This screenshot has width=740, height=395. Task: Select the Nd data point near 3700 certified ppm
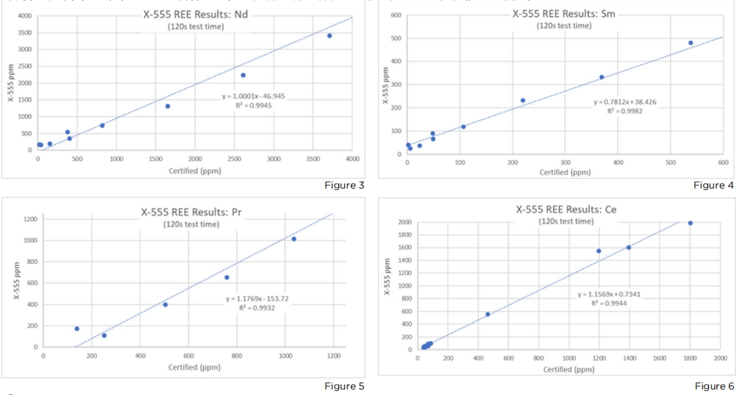pos(329,35)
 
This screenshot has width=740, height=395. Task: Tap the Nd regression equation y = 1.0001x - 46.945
pos(247,96)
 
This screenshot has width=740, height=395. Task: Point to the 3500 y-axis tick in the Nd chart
pos(24,33)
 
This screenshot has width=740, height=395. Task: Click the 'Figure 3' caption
pos(344,185)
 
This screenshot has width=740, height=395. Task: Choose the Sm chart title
pos(564,14)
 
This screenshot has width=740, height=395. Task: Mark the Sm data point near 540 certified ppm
pos(691,43)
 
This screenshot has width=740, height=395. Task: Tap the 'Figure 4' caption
pos(714,185)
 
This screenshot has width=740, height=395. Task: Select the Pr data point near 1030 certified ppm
pos(294,239)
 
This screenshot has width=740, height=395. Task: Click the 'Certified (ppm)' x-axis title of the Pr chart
pos(194,367)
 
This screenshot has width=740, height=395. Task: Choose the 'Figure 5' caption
pos(344,386)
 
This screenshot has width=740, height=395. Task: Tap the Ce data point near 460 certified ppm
pos(488,314)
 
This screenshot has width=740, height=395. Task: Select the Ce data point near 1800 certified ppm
pos(690,223)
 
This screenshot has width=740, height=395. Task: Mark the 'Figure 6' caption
pos(714,386)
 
